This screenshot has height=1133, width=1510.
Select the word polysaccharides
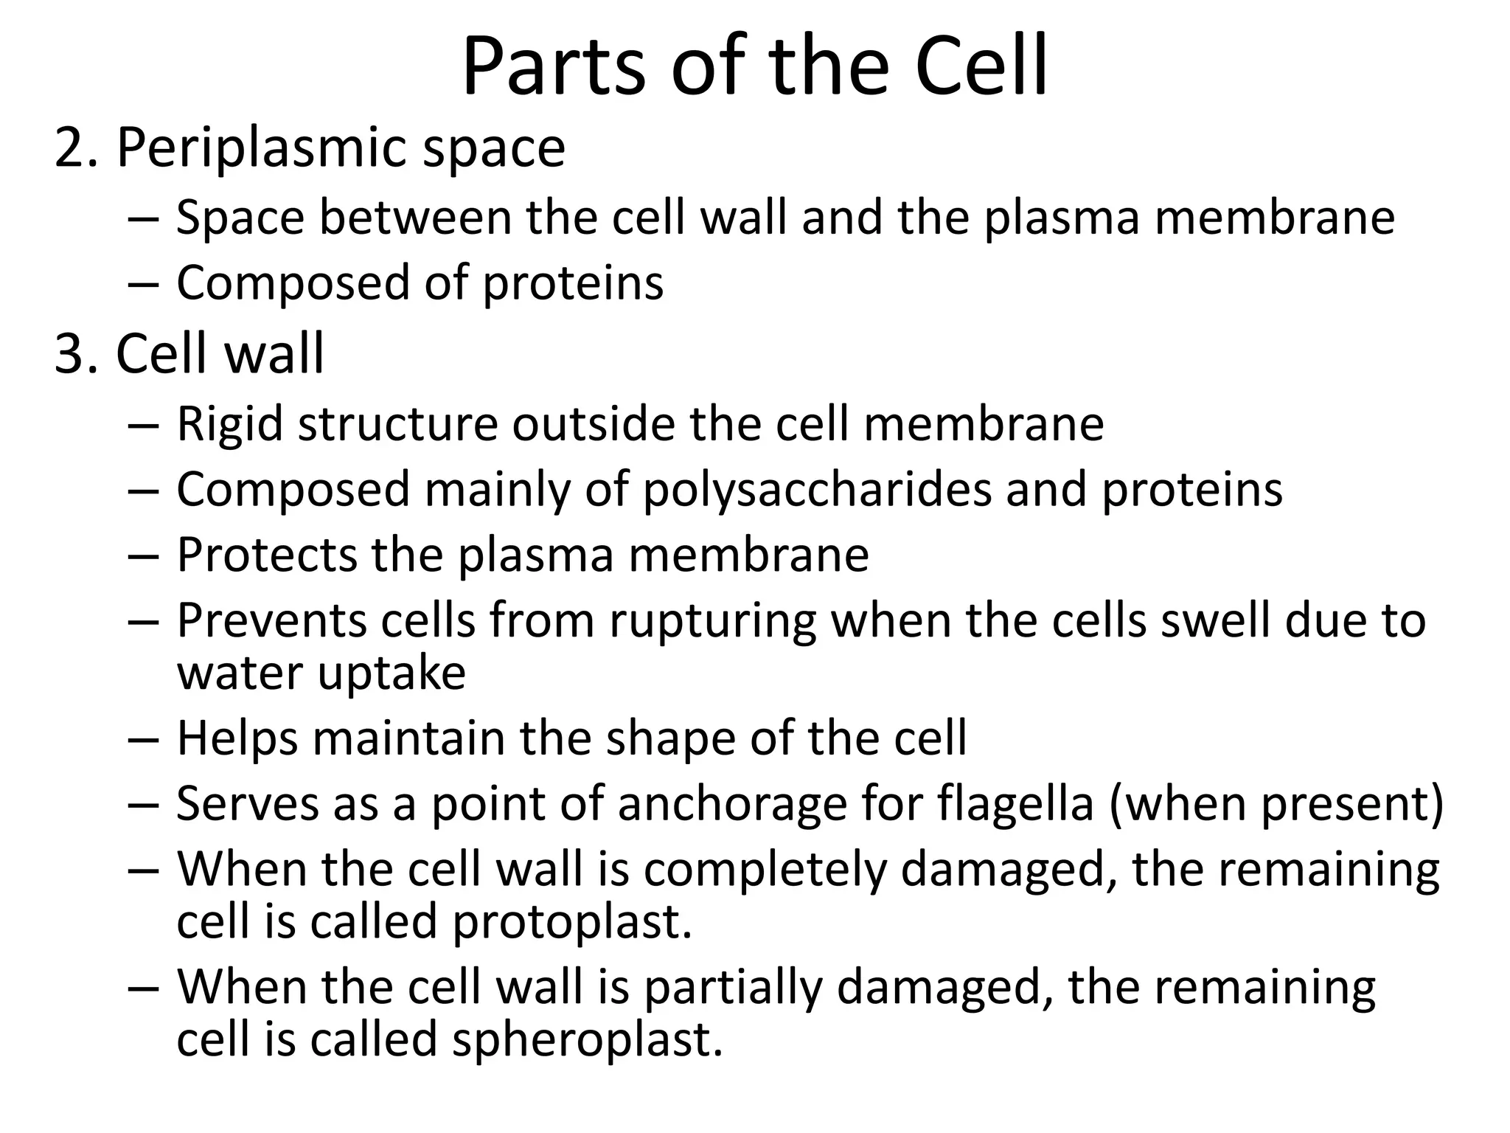click(x=818, y=491)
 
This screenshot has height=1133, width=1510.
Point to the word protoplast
click(x=572, y=923)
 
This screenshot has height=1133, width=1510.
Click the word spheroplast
click(x=587, y=1040)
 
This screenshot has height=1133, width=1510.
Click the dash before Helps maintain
click(x=142, y=739)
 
